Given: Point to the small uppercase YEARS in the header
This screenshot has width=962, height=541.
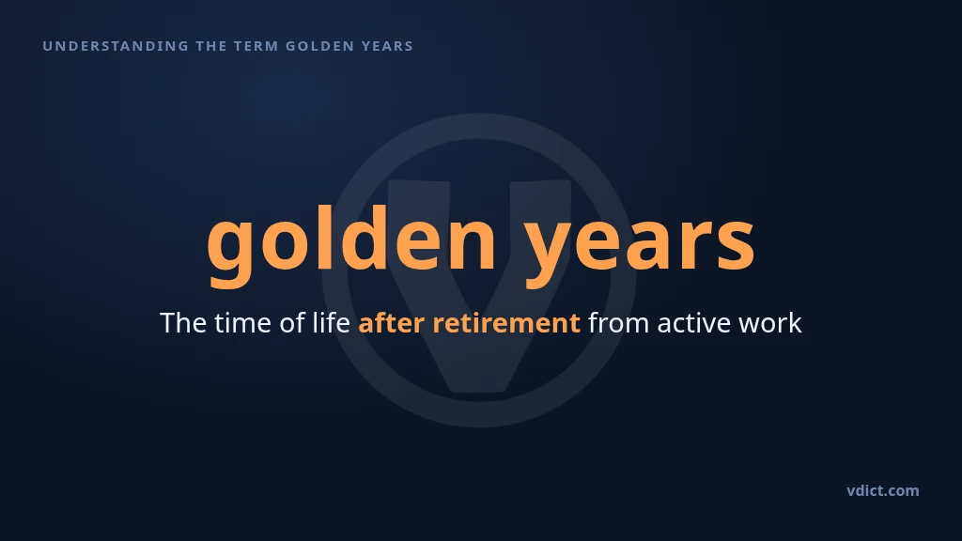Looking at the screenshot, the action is click(388, 46).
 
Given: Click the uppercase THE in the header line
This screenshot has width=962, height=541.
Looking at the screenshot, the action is click(211, 46).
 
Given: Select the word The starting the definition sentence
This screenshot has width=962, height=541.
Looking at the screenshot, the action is click(183, 323).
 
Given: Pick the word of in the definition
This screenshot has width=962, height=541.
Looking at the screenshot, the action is click(293, 323).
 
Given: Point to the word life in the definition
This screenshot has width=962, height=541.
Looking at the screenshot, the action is click(332, 323).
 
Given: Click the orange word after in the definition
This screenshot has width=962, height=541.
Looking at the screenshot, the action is click(392, 323).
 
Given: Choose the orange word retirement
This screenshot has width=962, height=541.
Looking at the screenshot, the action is click(506, 323).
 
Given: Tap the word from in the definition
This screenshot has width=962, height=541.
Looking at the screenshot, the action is click(618, 323).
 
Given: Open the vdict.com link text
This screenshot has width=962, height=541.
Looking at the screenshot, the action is click(883, 490).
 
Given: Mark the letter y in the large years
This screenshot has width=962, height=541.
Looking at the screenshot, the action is click(551, 253).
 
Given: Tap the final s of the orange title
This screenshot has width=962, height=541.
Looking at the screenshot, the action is click(737, 243).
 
